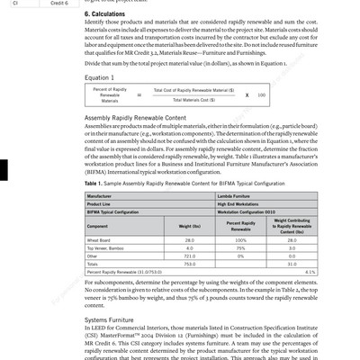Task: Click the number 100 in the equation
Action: pyautogui.click(x=262, y=95)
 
